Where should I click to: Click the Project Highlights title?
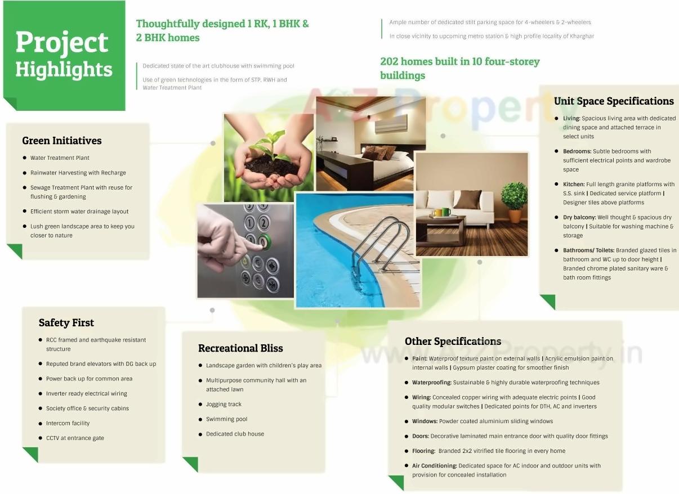coord(64,55)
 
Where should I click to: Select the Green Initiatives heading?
coord(62,141)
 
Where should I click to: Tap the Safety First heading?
coord(66,323)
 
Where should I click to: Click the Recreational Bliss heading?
coord(240,348)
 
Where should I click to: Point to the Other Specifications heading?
coord(453,342)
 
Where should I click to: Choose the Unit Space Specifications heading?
coord(614,101)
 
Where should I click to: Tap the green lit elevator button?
coord(263,242)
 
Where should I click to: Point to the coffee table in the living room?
coord(440,228)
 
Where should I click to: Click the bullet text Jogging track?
coord(224,405)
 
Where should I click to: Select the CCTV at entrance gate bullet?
coord(75,438)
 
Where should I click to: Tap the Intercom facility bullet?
coord(68,424)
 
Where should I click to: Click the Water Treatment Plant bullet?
coord(60,158)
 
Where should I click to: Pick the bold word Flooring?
coord(423,451)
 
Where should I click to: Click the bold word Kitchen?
coord(573,185)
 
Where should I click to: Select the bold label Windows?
coord(425,421)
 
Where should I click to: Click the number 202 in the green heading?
coord(390,61)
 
